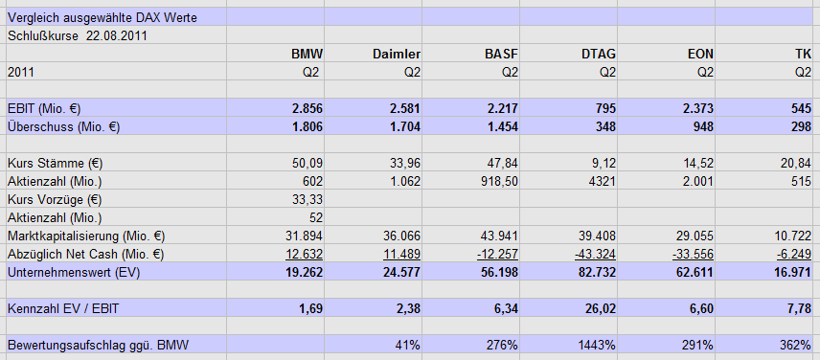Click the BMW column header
[x=307, y=54]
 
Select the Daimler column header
[x=396, y=54]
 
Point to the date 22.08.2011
[x=116, y=35]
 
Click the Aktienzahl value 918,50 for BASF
[x=496, y=181]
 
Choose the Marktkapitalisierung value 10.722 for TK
[x=791, y=236]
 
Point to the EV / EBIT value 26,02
[x=598, y=308]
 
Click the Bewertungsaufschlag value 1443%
[x=596, y=345]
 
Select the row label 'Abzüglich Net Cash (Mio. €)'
[x=85, y=254]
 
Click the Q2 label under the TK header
[x=803, y=72]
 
